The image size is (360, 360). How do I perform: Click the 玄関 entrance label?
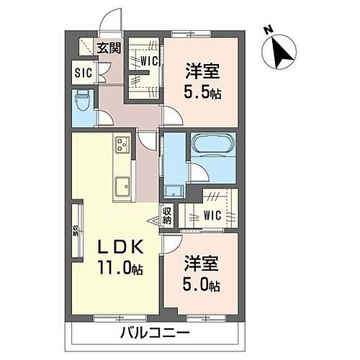click(109, 48)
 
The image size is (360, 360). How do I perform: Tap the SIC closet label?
click(83, 71)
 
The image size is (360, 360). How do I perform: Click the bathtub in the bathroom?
click(210, 145)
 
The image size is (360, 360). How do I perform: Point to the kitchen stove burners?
click(120, 148)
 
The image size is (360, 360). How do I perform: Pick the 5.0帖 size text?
click(201, 284)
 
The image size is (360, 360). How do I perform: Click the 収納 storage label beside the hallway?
click(167, 215)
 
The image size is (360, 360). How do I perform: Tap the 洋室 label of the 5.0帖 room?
click(201, 264)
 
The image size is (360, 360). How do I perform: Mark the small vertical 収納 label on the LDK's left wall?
click(75, 230)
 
